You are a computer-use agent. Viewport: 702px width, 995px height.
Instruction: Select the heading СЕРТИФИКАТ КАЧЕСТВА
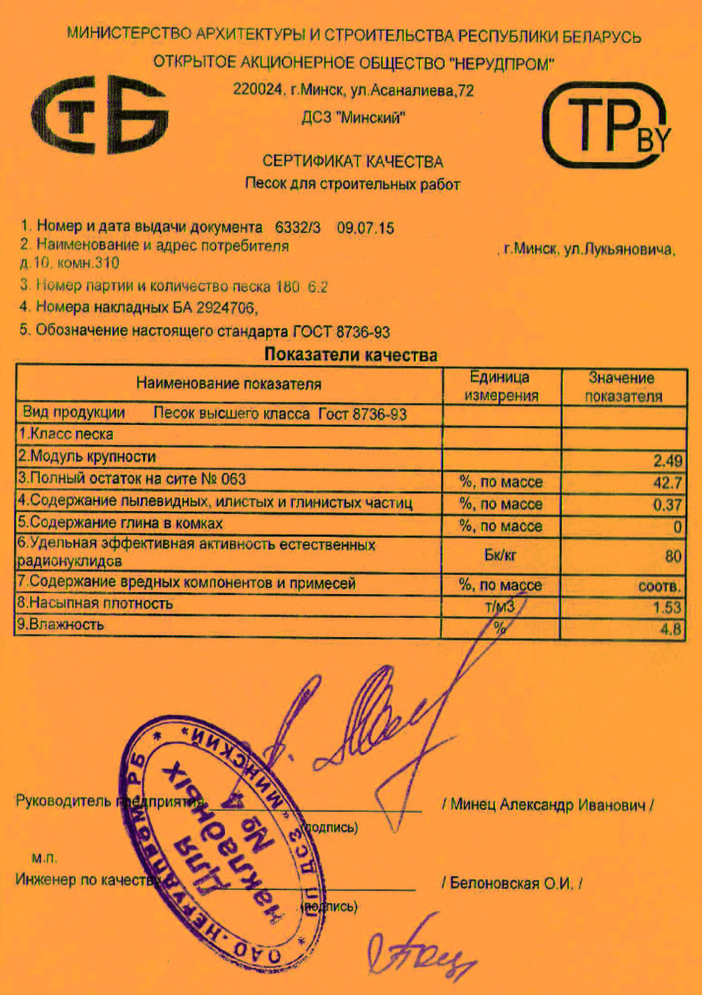(352, 162)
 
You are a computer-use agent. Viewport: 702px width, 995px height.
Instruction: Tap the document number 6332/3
(298, 227)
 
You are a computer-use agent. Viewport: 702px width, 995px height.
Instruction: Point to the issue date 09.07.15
(365, 228)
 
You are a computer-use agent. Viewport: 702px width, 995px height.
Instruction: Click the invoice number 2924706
(225, 308)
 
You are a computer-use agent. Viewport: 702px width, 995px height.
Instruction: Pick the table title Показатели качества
(351, 355)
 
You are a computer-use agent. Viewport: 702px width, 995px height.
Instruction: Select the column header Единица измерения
(501, 386)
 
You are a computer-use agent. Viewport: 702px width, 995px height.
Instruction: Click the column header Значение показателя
(623, 387)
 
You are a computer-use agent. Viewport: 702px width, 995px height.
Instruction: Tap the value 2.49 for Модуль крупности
(667, 461)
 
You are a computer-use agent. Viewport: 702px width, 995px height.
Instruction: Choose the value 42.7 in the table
(667, 482)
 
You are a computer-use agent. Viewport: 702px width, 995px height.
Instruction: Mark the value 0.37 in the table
(667, 505)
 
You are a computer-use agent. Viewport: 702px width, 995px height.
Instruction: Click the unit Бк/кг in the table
(500, 556)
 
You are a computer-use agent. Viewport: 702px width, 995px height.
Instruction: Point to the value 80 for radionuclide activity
(673, 556)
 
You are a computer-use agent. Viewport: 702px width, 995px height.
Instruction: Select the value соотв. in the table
(659, 587)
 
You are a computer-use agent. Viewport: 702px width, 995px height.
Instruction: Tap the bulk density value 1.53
(667, 607)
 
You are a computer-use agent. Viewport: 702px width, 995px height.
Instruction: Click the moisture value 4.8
(670, 629)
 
